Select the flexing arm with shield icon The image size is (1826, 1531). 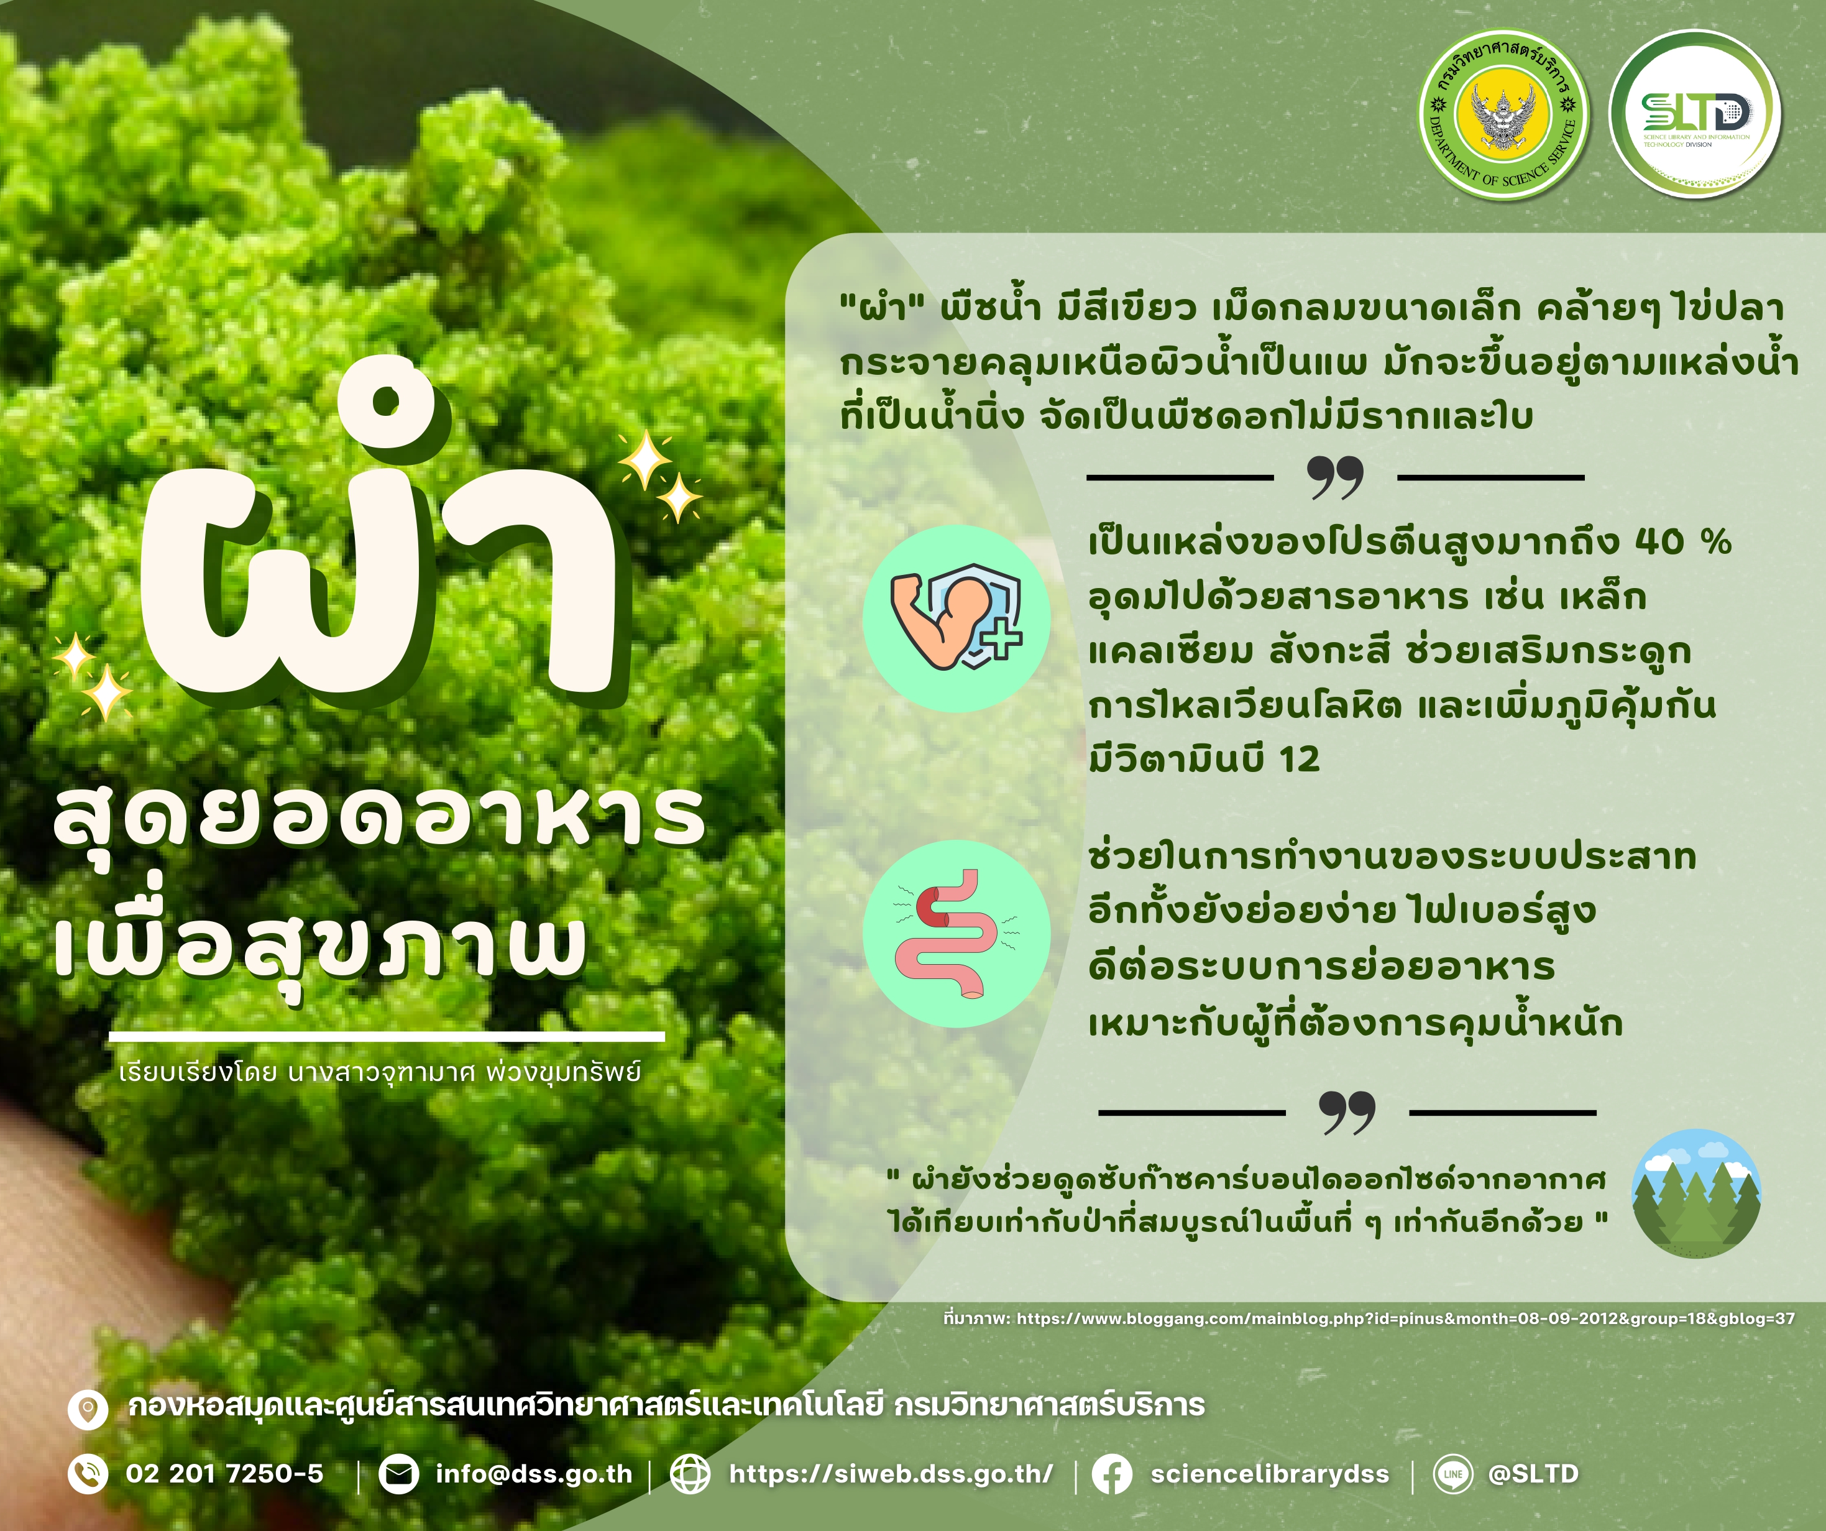(x=957, y=618)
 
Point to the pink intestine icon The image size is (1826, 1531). (x=957, y=934)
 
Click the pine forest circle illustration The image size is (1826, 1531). (x=1697, y=1193)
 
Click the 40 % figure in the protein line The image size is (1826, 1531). (x=1684, y=542)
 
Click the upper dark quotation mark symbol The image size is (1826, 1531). (x=1336, y=477)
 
